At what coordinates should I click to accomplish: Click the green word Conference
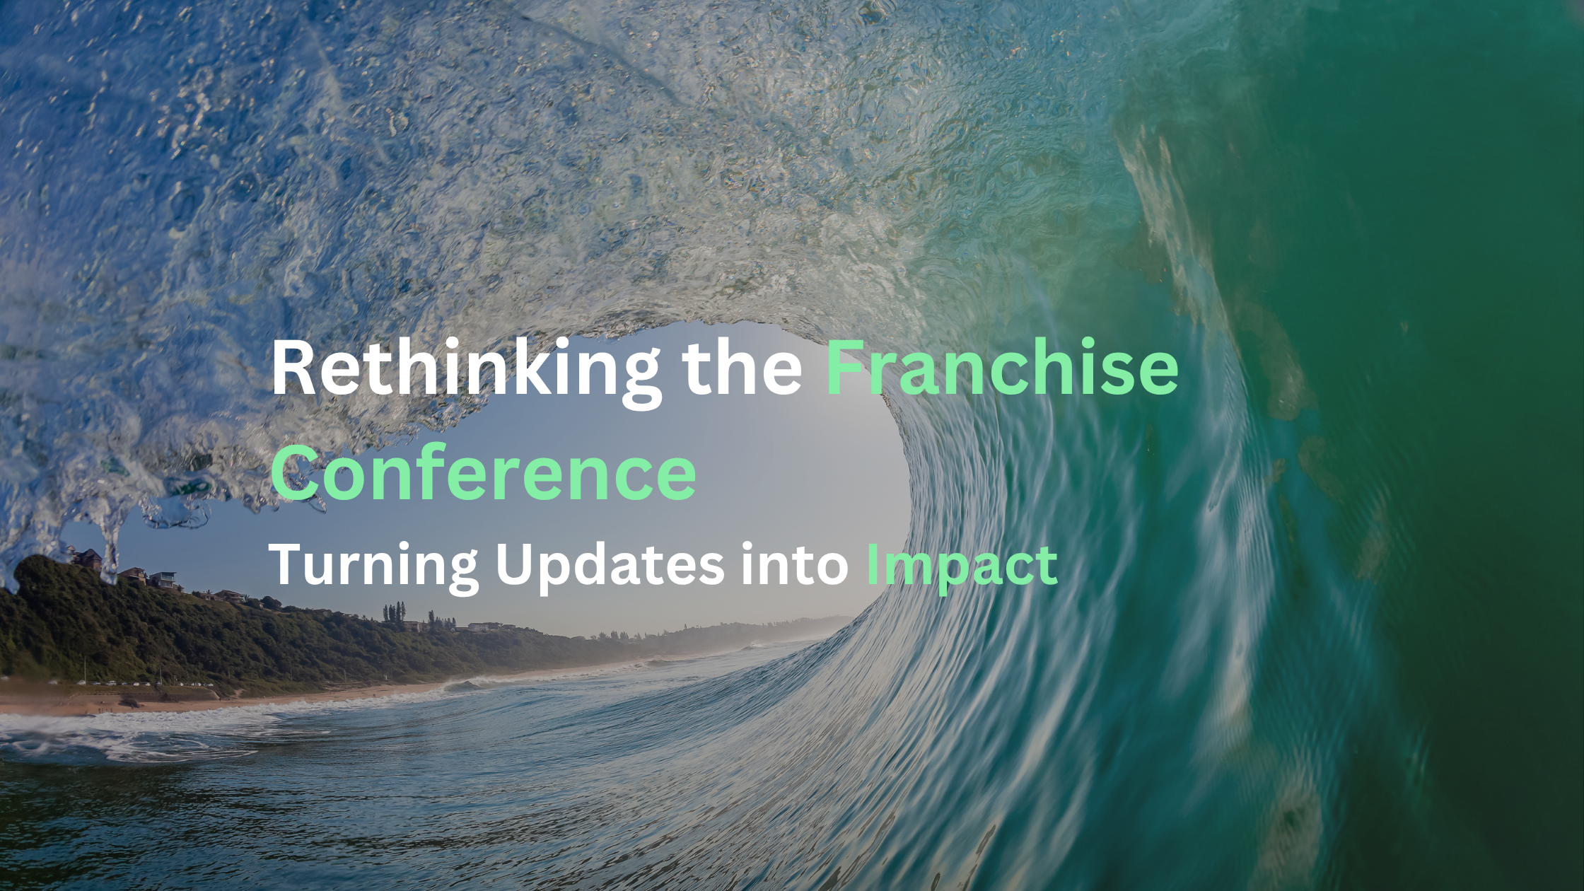[484, 472]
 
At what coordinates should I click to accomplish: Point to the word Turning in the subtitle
[375, 565]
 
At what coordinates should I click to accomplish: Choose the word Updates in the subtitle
[610, 565]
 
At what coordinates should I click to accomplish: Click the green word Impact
[962, 565]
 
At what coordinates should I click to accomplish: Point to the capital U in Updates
[516, 565]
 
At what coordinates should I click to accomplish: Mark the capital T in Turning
[290, 565]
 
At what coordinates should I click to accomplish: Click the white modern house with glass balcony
[162, 579]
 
